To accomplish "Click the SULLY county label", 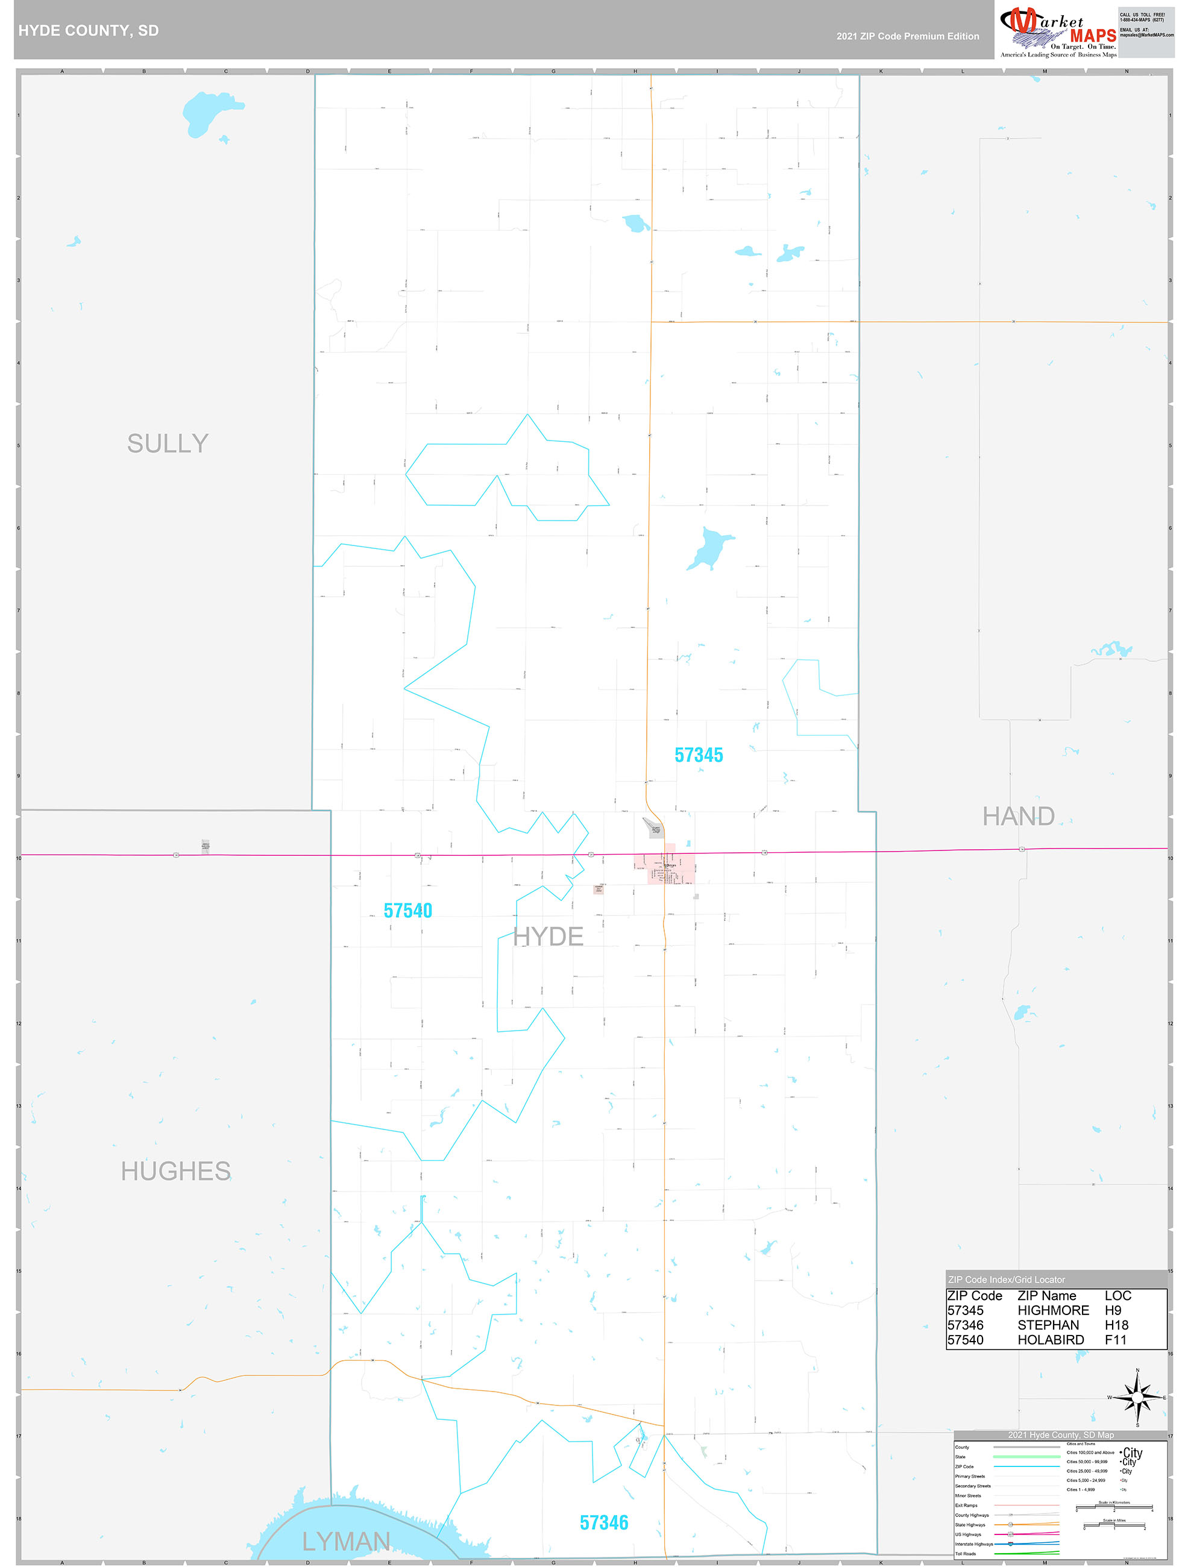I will (x=168, y=444).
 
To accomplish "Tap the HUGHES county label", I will (x=176, y=1171).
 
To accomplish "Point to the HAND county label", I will (x=1018, y=816).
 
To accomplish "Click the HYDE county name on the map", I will (x=548, y=937).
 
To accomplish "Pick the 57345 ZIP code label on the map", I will (x=699, y=755).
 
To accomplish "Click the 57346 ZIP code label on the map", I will (x=604, y=1522).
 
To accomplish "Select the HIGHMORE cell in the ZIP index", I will (x=1053, y=1311).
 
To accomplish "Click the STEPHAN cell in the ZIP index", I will (x=1048, y=1325).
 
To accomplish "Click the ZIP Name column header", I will (x=1046, y=1296).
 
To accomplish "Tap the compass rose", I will (x=1137, y=1397).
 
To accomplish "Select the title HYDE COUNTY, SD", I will (x=89, y=31).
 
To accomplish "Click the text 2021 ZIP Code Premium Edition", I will (x=907, y=36).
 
